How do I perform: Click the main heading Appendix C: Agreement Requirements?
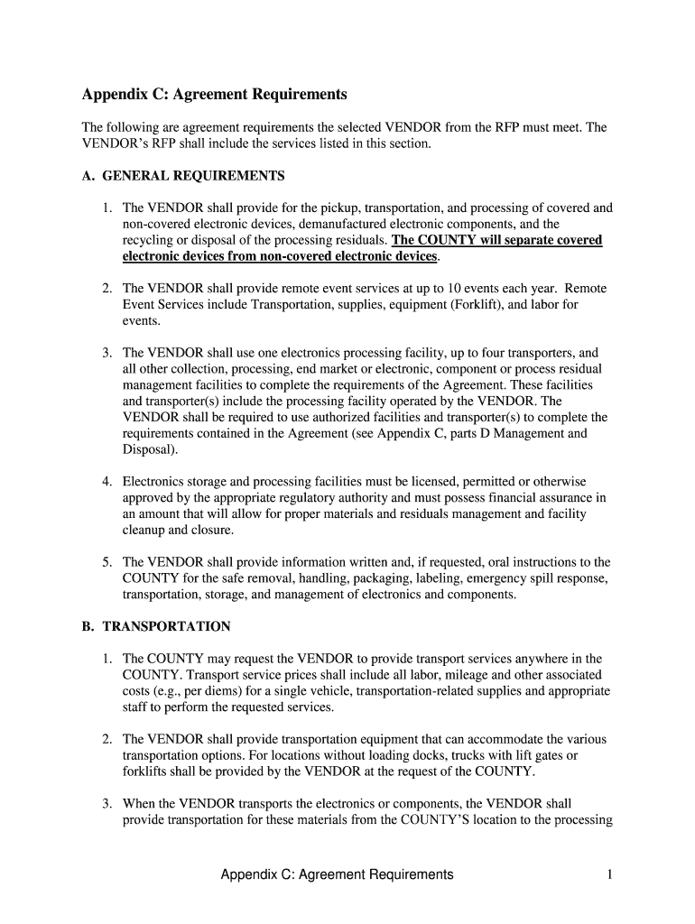[x=214, y=95]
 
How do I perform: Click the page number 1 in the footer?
[x=610, y=874]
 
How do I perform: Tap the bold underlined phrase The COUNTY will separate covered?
[x=497, y=241]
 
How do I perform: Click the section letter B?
[x=88, y=626]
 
